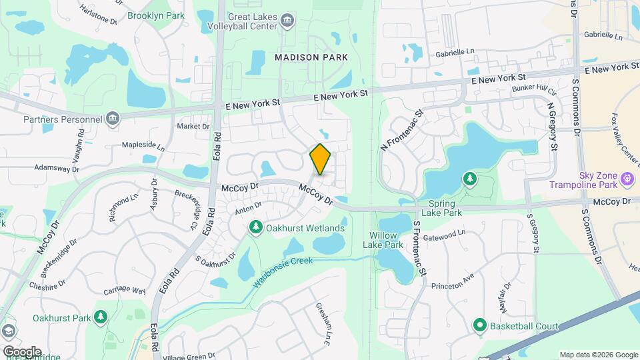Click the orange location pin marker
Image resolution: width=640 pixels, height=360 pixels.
click(321, 159)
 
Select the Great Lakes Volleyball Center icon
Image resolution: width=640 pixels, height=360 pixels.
click(287, 20)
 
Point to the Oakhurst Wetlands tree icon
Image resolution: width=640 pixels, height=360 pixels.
click(255, 228)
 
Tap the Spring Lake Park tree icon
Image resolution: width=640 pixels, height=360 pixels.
click(470, 179)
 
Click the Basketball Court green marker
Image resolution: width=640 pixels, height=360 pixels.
click(479, 326)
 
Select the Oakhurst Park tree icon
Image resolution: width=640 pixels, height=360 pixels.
click(101, 317)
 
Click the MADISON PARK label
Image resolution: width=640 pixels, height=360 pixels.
click(311, 57)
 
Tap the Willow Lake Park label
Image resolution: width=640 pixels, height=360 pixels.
click(383, 240)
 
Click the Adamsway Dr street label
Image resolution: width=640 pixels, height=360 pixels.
click(57, 168)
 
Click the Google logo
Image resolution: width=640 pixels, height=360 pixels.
click(21, 351)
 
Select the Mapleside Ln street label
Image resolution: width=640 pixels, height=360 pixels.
click(139, 145)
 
